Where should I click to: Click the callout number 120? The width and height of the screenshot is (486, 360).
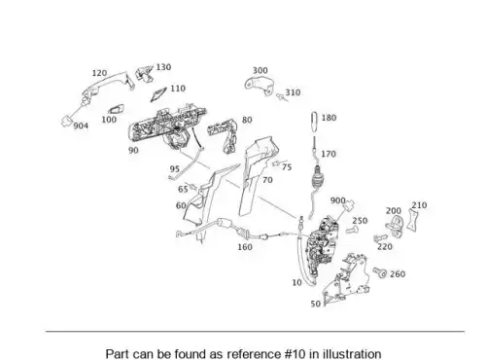click(x=99, y=73)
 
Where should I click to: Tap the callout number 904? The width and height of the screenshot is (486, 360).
click(x=81, y=126)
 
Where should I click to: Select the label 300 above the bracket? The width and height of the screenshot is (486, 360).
click(x=260, y=70)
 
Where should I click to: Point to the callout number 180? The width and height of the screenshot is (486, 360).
click(x=329, y=118)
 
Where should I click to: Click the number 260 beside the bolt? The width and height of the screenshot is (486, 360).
click(x=398, y=274)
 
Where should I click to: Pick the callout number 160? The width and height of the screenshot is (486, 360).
click(x=245, y=247)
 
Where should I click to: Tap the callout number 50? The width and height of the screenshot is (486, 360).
click(x=316, y=304)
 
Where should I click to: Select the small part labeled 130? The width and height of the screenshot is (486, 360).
click(x=144, y=74)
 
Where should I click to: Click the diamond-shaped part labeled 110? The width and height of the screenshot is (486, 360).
click(x=158, y=94)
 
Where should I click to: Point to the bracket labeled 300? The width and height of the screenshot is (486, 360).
click(x=259, y=86)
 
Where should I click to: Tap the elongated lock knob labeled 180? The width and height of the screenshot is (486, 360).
click(x=315, y=122)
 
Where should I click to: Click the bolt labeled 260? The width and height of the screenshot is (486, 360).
click(x=380, y=272)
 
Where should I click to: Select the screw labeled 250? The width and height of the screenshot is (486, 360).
click(x=352, y=231)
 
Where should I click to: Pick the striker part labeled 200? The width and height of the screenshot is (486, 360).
click(x=395, y=226)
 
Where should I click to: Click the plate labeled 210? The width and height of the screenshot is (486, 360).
click(x=412, y=220)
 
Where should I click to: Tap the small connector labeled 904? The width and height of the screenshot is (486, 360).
click(x=67, y=121)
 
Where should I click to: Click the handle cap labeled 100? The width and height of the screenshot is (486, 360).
click(x=117, y=109)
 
